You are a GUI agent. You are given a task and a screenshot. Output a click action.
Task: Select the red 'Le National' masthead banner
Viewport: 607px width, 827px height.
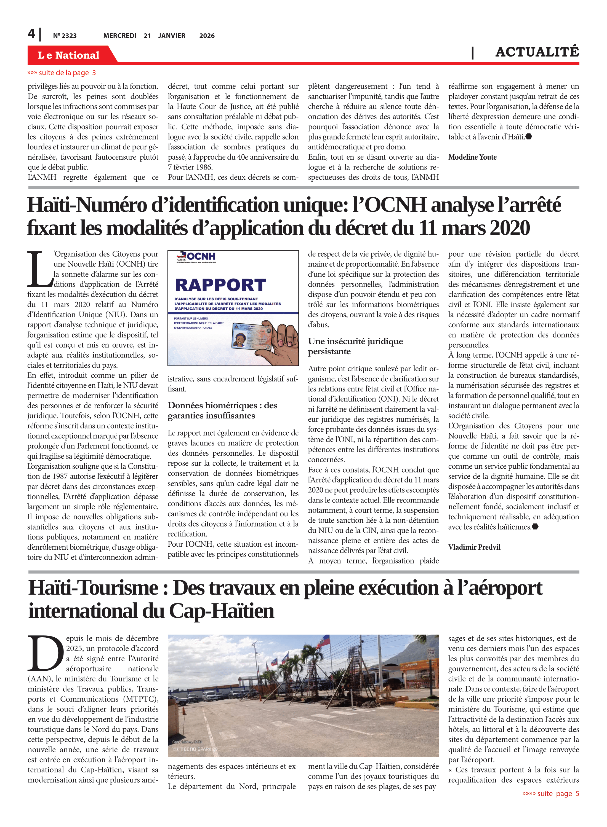pos(69,55)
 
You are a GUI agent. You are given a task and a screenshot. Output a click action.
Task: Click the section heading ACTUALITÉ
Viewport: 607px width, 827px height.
pos(537,52)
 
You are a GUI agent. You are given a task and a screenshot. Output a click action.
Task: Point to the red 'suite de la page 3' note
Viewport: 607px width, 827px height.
pos(62,73)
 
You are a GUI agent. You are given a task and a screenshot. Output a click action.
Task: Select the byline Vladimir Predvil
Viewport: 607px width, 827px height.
pos(474,547)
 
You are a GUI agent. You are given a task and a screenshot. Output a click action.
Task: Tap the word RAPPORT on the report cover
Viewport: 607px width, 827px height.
pos(220,285)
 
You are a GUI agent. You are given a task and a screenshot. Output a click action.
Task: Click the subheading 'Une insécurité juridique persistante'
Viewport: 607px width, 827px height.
pos(355,346)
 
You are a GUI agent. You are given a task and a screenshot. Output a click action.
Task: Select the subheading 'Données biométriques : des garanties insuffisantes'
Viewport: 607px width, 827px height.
pos(222,410)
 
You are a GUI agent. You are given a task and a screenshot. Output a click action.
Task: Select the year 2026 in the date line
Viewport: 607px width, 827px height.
pos(207,36)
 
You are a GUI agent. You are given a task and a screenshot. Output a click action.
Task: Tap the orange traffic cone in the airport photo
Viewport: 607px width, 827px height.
pos(184,711)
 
